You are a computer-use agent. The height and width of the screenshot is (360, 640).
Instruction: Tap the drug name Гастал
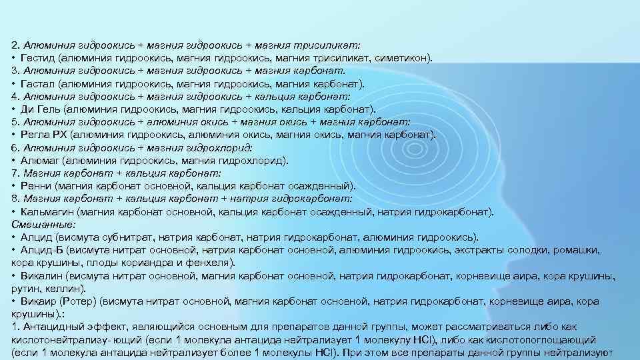(37, 83)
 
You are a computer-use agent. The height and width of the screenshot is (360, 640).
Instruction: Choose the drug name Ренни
(37, 186)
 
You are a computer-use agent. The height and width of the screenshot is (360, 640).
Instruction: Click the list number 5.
(15, 122)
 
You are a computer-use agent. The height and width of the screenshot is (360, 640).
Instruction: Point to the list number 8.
(15, 199)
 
